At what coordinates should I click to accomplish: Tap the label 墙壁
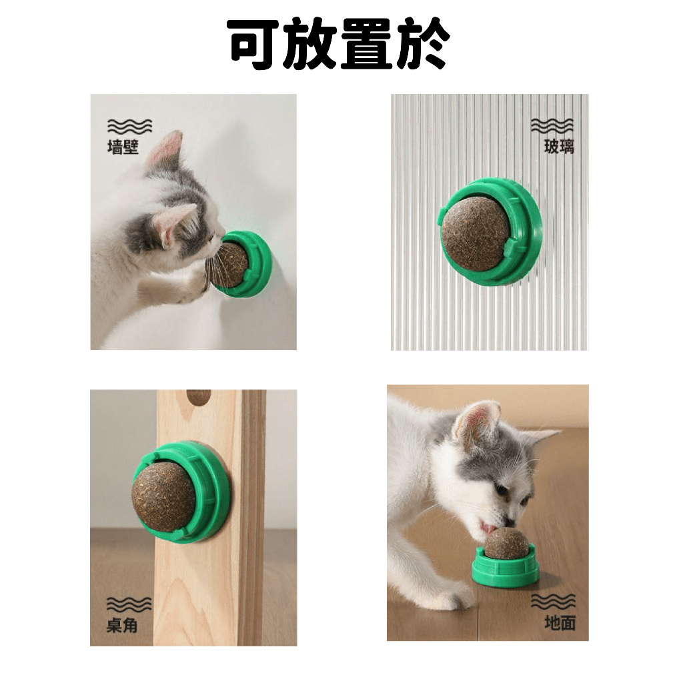[x=123, y=147]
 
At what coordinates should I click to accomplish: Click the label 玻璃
[x=559, y=147]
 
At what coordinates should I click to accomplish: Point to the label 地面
[x=560, y=623]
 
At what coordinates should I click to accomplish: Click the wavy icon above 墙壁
[x=129, y=126]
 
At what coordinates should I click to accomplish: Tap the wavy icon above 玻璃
[x=552, y=126]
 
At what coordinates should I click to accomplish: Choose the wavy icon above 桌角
[x=129, y=604]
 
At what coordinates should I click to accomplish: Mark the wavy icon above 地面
[x=553, y=602]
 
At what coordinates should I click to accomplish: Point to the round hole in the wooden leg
[x=199, y=396]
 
